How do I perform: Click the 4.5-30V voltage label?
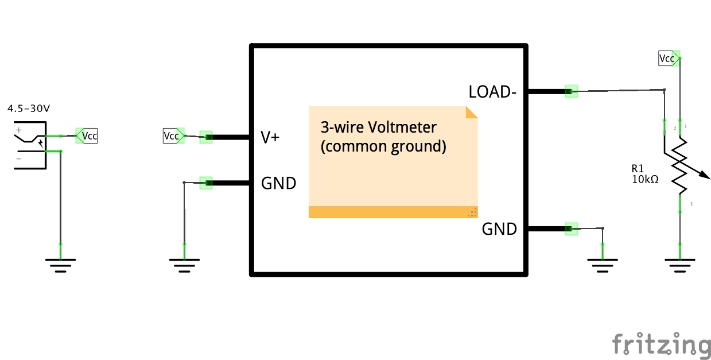pos(29,108)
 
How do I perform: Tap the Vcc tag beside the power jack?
pos(88,136)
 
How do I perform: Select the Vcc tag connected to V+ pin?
pos(172,136)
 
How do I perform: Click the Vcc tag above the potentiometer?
pos(667,58)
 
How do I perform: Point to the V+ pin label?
pos(270,137)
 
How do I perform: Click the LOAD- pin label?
pos(489,92)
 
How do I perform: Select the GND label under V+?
pos(278,184)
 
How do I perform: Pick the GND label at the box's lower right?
pos(499,230)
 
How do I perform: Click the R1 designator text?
pos(638,169)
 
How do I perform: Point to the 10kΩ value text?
pos(644,179)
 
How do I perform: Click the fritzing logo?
pos(661,344)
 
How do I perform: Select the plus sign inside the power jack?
pos(19,130)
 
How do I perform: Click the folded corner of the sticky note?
pos(472,112)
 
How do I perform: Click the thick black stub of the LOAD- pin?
pos(545,91)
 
